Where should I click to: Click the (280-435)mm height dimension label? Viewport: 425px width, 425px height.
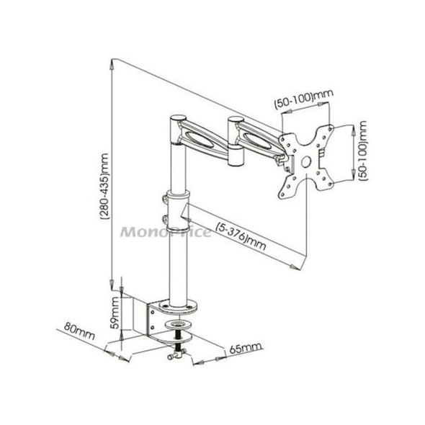pos(105,177)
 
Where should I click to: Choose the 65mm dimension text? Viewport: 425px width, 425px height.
pos(243,349)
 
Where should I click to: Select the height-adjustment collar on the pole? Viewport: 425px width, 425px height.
pos(176,205)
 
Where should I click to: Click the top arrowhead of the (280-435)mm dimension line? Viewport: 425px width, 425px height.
pos(111,63)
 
